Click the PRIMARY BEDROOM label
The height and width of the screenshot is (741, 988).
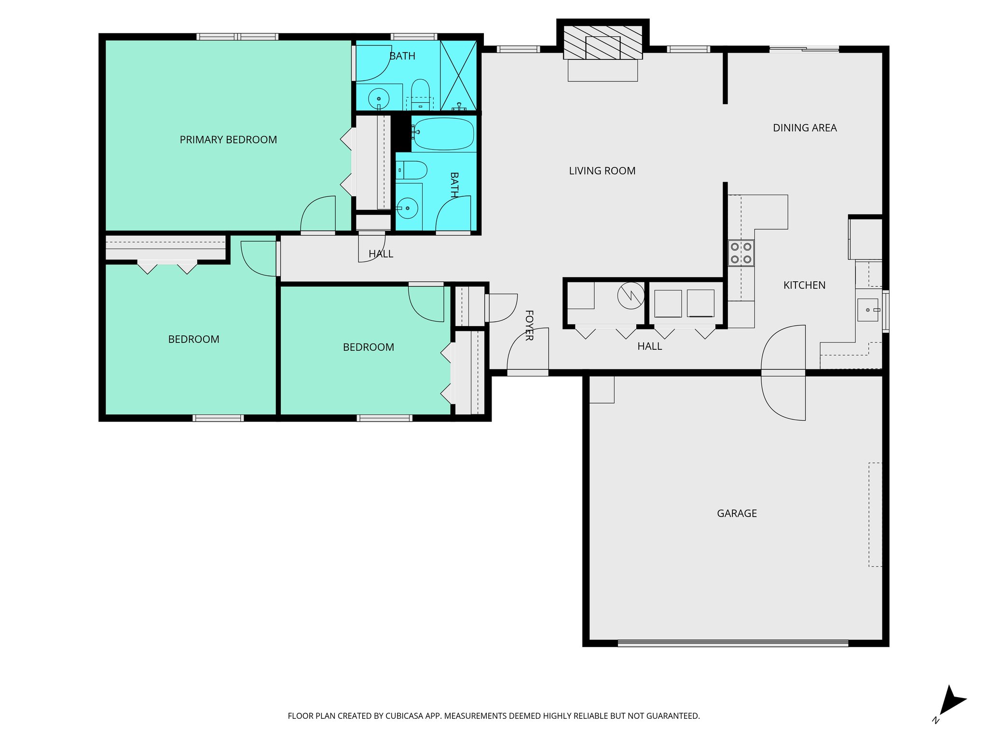tap(228, 140)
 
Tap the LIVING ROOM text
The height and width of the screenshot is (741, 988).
tap(602, 171)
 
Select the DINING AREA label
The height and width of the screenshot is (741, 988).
tap(805, 128)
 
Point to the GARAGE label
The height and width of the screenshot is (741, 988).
tap(737, 513)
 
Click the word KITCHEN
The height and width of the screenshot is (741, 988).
tap(804, 285)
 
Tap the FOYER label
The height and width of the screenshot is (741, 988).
tap(529, 326)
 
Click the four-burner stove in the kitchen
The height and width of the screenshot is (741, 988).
tap(741, 253)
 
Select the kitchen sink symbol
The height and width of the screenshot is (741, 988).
tap(867, 310)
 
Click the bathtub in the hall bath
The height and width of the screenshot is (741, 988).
tap(443, 134)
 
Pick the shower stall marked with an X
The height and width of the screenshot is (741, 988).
tap(458, 75)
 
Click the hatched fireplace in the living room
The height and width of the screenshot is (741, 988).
tap(603, 42)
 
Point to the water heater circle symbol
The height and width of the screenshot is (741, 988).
tap(631, 295)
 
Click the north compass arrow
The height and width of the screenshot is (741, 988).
tap(952, 702)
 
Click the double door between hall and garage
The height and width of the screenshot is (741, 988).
tap(783, 373)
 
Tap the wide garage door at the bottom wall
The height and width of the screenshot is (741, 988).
tap(732, 643)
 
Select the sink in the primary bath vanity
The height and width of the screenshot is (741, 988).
tap(379, 98)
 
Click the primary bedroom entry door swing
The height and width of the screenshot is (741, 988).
tap(318, 215)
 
